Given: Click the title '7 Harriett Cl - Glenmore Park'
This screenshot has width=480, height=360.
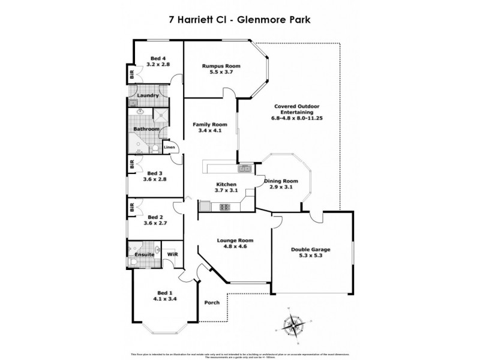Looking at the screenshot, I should tap(240, 19).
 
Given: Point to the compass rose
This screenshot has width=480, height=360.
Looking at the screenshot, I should tap(293, 326).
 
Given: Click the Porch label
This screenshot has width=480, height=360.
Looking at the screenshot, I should tap(212, 302).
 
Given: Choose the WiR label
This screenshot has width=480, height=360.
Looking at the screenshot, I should tap(172, 255).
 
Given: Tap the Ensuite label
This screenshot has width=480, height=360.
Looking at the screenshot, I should tap(145, 255).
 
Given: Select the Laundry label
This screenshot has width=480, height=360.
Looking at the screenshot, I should tap(148, 95).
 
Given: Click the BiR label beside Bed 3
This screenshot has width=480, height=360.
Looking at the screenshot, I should tap(130, 164).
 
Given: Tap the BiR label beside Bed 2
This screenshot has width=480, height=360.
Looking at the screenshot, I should tap(130, 208).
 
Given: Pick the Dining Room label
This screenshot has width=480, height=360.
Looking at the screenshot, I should tap(281, 181).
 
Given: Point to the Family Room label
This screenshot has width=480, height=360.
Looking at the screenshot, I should tap(206, 125).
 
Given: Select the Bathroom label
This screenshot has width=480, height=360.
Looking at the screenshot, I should tap(146, 129).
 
